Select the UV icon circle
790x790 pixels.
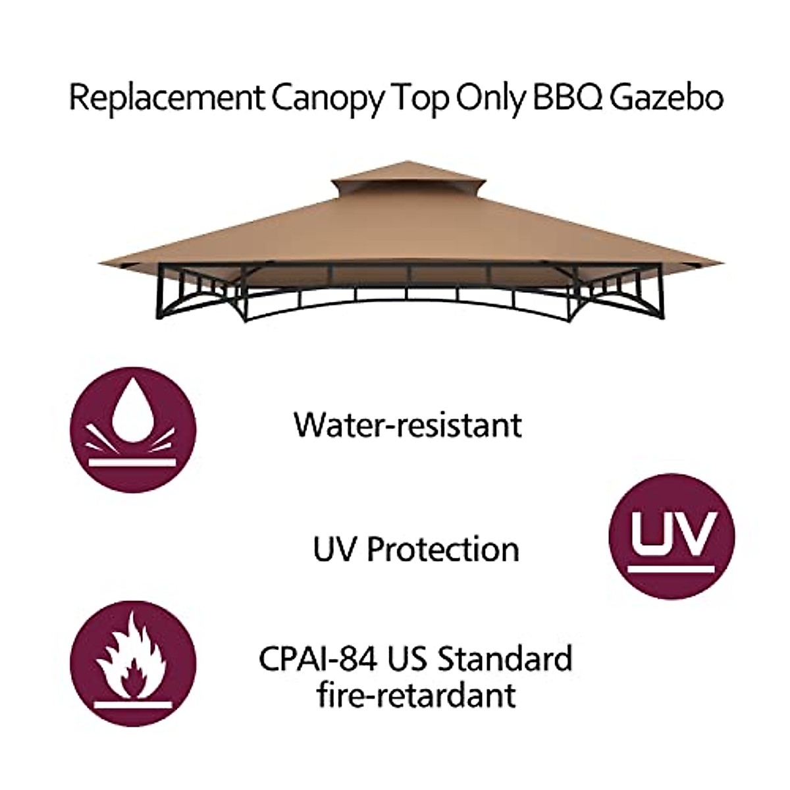[x=671, y=536]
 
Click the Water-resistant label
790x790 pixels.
[x=408, y=425]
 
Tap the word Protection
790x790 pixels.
[x=442, y=550]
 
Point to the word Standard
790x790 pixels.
[x=506, y=659]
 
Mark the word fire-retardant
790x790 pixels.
[x=416, y=695]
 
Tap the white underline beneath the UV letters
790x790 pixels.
[x=671, y=568]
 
